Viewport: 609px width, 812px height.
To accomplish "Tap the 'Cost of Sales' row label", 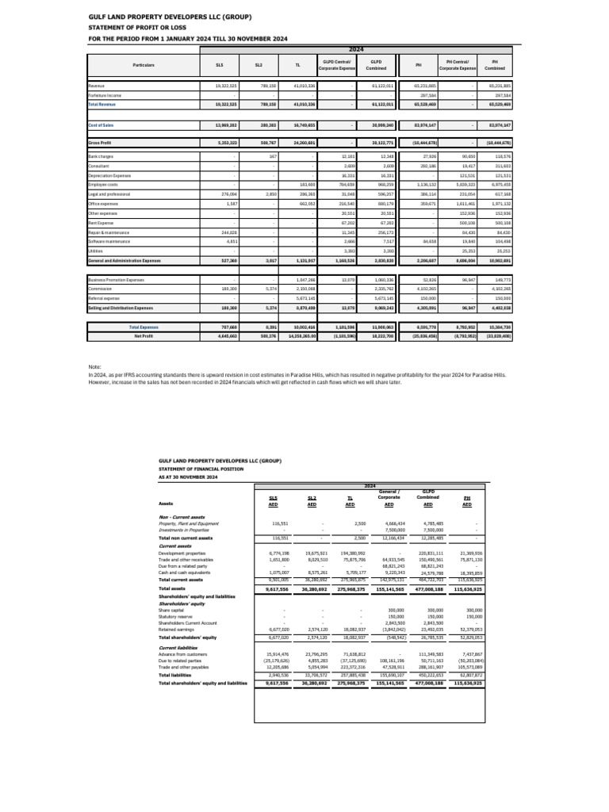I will [101, 124].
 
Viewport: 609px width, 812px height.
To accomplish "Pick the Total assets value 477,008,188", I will [427, 589].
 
